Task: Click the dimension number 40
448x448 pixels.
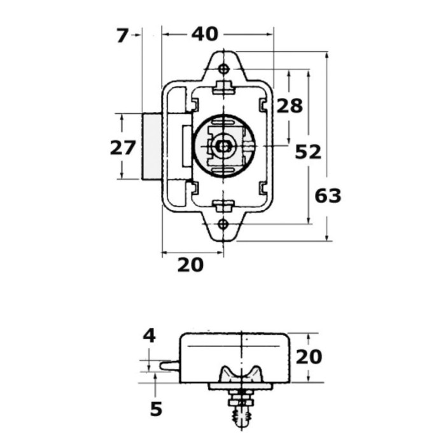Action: coord(204,34)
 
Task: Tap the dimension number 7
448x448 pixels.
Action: coord(122,36)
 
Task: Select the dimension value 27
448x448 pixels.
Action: coord(123,148)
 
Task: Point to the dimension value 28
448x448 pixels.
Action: coord(290,106)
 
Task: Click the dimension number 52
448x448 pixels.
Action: coord(308,152)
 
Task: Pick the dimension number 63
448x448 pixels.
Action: coord(328,196)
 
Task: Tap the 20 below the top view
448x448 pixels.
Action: coord(190,265)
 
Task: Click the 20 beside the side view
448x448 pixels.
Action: coord(309,357)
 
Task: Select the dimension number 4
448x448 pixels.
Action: coord(149,336)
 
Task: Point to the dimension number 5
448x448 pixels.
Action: coord(156,409)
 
